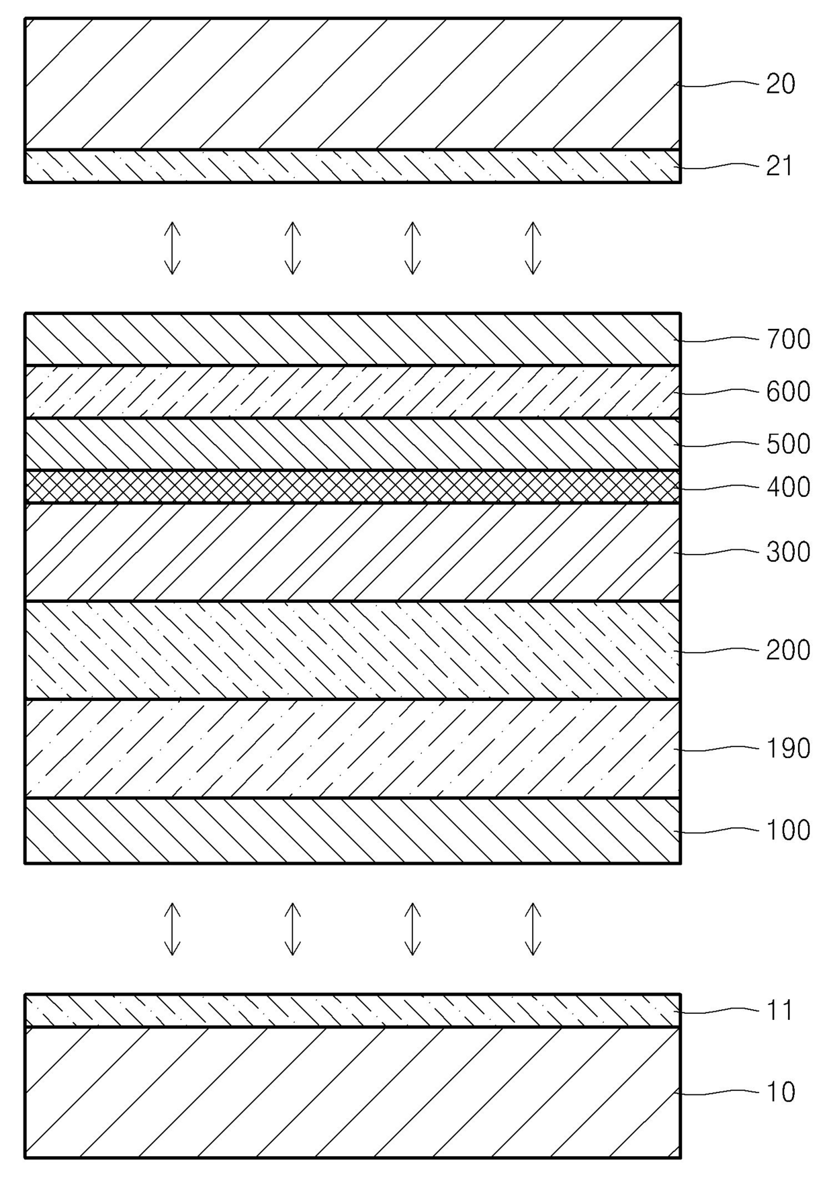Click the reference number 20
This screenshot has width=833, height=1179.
(x=781, y=84)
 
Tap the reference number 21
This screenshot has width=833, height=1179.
(x=779, y=166)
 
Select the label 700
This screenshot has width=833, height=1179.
(x=789, y=339)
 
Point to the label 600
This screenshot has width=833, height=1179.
(x=789, y=391)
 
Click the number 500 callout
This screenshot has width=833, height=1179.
(x=789, y=444)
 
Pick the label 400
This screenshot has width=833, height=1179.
(x=789, y=487)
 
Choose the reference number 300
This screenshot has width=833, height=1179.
(x=789, y=552)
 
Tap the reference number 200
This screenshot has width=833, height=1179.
(x=789, y=650)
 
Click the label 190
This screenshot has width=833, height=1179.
(x=789, y=748)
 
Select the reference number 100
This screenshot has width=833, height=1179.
(x=789, y=831)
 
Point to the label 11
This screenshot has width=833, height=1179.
(x=779, y=1010)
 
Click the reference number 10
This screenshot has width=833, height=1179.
(x=781, y=1092)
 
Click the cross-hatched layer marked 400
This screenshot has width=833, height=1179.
(x=353, y=486)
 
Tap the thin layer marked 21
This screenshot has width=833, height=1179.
(x=353, y=166)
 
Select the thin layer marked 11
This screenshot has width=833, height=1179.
(x=353, y=1010)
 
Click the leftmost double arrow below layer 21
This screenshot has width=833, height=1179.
(x=173, y=248)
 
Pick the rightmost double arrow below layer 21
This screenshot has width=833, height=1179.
(x=533, y=248)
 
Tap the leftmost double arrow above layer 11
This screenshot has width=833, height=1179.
(x=173, y=929)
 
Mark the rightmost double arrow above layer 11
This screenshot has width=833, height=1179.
(x=533, y=929)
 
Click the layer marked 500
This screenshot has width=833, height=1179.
(x=353, y=444)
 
